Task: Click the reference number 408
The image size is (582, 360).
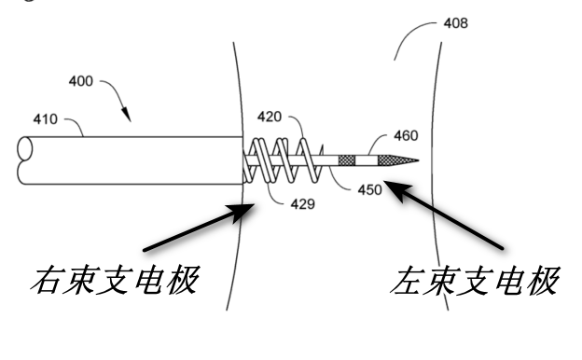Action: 455,23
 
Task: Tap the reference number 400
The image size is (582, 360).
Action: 80,81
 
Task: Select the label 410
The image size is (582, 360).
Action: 46,119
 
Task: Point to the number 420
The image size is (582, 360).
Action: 270,117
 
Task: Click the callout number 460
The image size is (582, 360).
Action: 406,136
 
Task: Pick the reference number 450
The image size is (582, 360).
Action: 369,190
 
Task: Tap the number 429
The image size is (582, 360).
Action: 302,204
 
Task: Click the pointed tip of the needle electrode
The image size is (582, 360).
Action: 419,160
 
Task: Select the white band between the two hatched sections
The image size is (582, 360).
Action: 367,160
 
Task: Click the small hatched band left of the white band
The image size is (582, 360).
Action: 347,160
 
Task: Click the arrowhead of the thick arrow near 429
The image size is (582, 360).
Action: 243,212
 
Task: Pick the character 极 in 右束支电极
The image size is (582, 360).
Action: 183,280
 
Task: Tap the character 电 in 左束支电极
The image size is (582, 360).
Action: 509,280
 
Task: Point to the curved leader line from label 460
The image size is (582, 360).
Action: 376,141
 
